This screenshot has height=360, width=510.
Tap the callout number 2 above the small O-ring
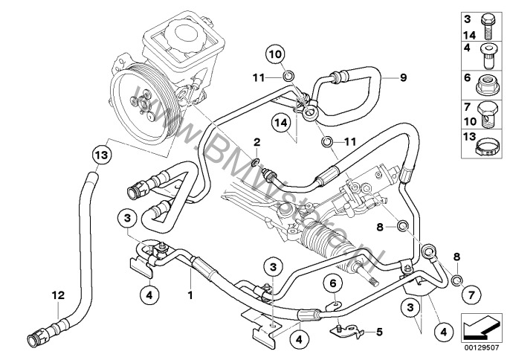tap(256, 141)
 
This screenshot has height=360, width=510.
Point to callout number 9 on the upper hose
tap(404, 77)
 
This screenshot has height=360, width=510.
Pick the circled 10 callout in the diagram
tap(274, 54)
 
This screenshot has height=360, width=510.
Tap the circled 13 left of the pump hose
tap(100, 155)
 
